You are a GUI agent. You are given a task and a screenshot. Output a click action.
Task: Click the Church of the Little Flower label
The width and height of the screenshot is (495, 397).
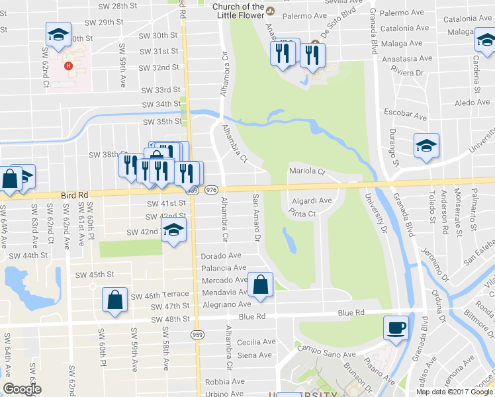click(238, 11)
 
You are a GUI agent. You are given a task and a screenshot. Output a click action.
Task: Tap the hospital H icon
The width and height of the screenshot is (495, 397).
click(67, 66)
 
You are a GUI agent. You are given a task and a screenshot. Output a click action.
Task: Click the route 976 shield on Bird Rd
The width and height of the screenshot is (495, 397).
click(212, 190)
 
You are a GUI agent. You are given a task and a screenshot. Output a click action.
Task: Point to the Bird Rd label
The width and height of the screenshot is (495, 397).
click(73, 195)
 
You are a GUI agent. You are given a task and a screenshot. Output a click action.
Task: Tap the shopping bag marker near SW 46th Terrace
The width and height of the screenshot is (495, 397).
click(115, 298)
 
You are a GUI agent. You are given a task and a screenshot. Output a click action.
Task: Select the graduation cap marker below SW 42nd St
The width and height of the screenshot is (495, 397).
click(175, 230)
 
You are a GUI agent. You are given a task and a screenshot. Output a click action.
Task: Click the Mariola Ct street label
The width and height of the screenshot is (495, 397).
click(308, 172)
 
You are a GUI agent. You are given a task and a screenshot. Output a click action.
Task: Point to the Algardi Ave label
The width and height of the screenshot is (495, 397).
click(311, 200)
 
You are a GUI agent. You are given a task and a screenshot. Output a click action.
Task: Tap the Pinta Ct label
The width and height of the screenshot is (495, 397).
click(302, 214)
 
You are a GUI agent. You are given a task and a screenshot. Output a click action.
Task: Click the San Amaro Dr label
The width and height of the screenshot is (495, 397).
click(257, 217)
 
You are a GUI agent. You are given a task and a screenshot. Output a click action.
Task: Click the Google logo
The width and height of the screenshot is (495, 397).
click(22, 389)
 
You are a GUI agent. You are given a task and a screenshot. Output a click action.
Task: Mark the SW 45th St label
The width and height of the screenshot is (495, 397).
click(95, 275)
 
